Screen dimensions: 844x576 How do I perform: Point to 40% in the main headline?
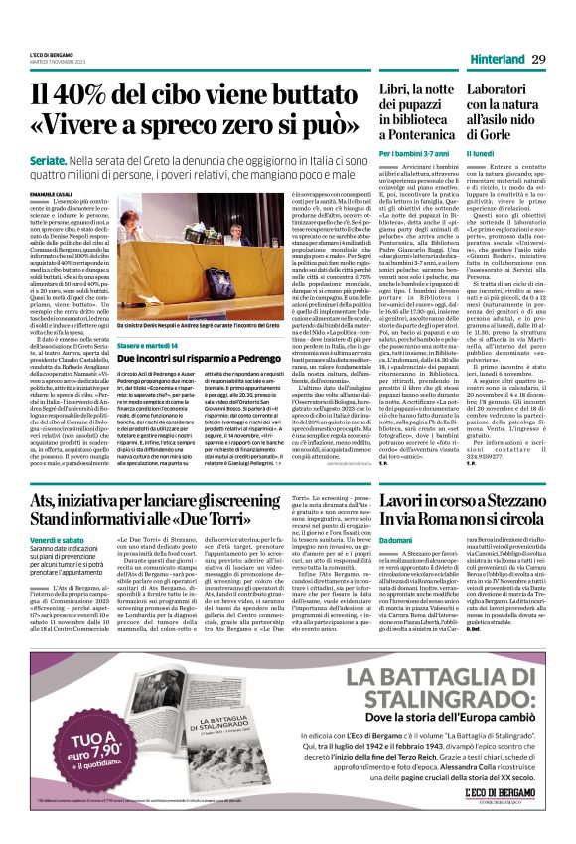click(x=105, y=97)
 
